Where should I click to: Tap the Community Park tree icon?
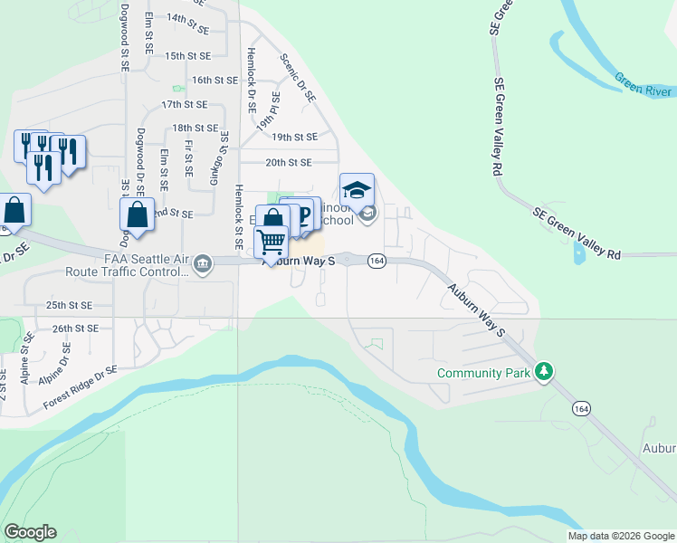(544, 372)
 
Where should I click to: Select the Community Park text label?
(483, 373)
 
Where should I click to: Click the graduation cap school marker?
(357, 191)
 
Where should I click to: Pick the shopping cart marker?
(272, 243)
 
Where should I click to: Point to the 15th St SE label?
(188, 55)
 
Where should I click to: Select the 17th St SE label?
(185, 105)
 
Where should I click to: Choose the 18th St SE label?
(195, 129)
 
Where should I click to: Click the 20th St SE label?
(288, 162)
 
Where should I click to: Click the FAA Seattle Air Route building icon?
(202, 264)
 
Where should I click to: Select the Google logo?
(30, 532)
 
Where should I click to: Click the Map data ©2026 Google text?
(621, 536)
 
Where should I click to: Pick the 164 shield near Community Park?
(580, 409)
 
